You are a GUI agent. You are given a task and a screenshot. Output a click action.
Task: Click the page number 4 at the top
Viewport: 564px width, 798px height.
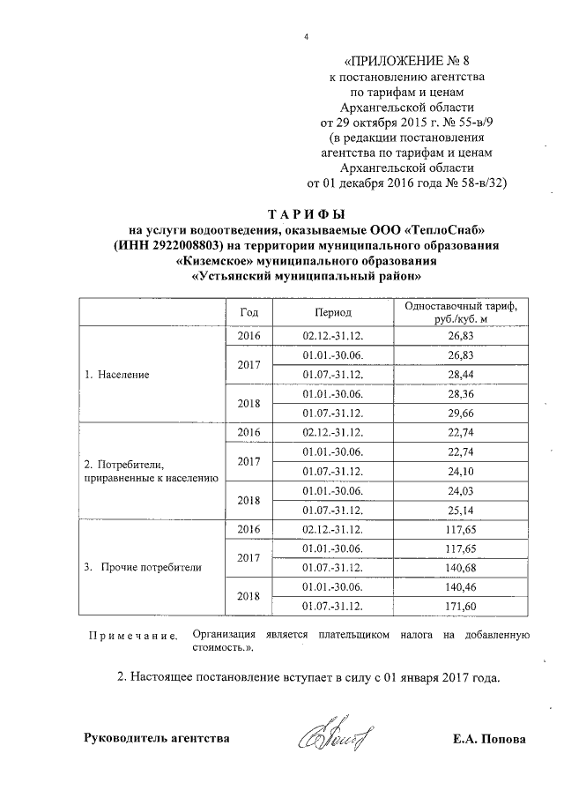306,37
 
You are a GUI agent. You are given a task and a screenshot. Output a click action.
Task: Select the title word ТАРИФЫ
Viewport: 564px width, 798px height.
307,216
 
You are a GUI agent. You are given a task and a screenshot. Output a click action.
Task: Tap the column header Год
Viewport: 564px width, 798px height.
249,313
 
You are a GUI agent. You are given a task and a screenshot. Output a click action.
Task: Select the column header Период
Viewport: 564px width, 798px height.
333,313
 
